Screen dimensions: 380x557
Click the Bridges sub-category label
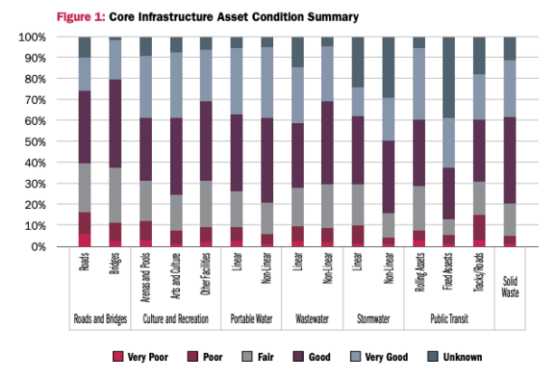tap(115, 269)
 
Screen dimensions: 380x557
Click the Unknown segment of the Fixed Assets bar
tap(449, 77)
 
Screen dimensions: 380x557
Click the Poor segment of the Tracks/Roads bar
tap(479, 231)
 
